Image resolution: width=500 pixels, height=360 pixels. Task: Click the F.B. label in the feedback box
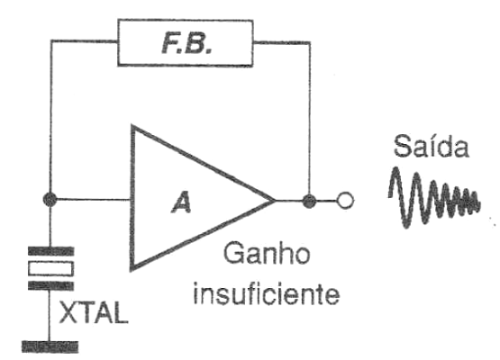[186, 43]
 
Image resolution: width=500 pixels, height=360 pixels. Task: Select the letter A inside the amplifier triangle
[181, 203]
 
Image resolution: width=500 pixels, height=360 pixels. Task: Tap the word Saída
[432, 146]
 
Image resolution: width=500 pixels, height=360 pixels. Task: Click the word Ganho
[267, 253]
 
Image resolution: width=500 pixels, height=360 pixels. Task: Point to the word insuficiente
[267, 292]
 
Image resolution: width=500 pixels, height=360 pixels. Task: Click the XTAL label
[94, 312]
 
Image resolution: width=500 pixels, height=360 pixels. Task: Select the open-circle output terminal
[345, 201]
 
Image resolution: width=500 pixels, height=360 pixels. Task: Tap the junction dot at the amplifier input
[50, 200]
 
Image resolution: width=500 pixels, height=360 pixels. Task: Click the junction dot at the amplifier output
[309, 201]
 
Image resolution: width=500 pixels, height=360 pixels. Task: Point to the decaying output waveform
[434, 197]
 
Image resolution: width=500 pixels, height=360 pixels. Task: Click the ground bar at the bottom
[50, 346]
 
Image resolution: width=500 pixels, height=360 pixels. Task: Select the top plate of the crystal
[51, 251]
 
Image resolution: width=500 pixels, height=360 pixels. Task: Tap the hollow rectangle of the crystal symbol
[51, 268]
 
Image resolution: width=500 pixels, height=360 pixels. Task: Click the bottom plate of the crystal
[51, 286]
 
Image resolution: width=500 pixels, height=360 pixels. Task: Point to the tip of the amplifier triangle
[275, 201]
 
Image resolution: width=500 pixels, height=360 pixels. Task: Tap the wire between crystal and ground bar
[50, 315]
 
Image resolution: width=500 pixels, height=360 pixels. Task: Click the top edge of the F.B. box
[186, 21]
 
